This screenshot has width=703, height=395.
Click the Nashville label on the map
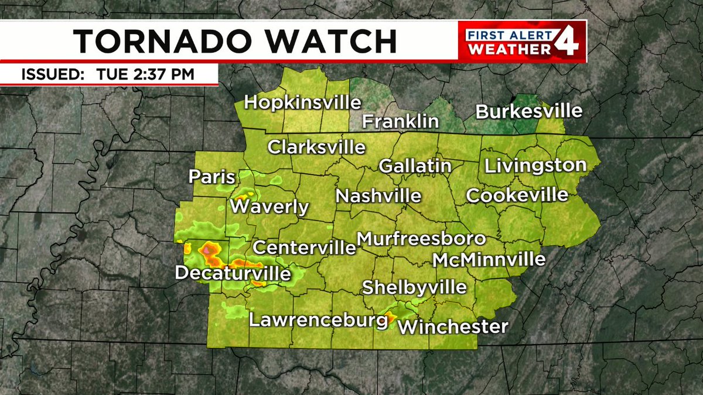tap(378, 195)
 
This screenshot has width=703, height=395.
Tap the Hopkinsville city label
tap(302, 102)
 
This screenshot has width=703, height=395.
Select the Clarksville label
tap(316, 147)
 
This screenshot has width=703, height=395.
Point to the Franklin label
tap(400, 121)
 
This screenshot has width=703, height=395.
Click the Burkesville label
tap(529, 111)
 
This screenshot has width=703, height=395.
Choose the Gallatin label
tap(415, 166)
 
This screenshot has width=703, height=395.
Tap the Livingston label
tap(535, 166)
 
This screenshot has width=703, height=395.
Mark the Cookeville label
tap(517, 195)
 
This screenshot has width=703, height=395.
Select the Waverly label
tap(269, 207)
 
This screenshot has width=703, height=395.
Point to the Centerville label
tap(304, 247)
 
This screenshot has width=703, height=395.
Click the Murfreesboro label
tap(421, 239)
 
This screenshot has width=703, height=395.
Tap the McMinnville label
tap(489, 259)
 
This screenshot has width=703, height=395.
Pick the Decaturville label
tap(233, 273)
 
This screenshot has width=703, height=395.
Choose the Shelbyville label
tap(414, 287)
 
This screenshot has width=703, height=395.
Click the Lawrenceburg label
tap(318, 321)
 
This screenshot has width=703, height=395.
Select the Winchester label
tap(453, 326)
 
